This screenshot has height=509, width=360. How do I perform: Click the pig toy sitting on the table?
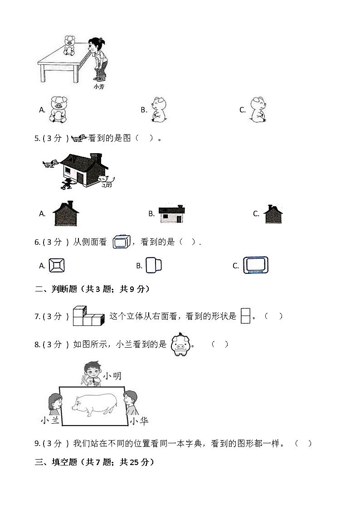(70, 46)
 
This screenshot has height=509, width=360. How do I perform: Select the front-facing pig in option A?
(58, 110)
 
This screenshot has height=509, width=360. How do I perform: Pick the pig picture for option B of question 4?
(158, 110)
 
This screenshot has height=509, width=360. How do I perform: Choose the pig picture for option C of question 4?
(258, 110)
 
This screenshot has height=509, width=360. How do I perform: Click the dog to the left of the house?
(50, 163)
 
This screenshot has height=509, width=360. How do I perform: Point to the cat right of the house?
(107, 181)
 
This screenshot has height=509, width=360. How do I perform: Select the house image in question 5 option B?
(171, 214)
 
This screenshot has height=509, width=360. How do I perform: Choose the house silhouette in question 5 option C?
(273, 214)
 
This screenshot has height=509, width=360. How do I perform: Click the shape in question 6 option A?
(57, 265)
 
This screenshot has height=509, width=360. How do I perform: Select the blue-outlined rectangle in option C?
(256, 265)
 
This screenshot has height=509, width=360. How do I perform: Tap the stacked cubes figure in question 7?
(88, 316)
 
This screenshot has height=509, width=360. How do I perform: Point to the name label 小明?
(112, 376)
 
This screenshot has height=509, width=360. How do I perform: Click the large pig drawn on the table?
(93, 404)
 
